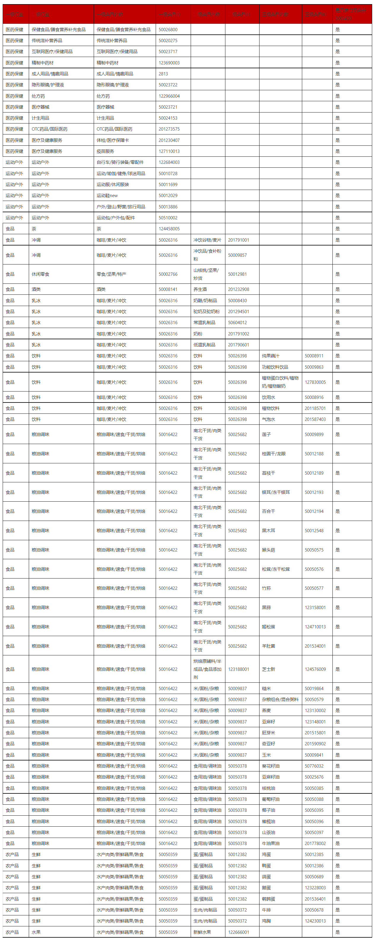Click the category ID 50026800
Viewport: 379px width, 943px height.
coord(168,30)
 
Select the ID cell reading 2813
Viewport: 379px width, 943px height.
coord(163,74)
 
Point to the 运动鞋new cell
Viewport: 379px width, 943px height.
coord(107,196)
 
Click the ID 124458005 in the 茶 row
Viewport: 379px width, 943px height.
coord(169,229)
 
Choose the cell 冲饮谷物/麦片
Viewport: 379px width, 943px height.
coord(207,240)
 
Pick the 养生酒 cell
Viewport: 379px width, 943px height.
coord(200,289)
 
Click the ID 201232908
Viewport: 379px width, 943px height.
coord(238,289)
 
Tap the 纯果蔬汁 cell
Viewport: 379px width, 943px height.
coord(271,356)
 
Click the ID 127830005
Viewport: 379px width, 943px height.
coord(315,382)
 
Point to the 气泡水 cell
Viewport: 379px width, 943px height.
coord(269,419)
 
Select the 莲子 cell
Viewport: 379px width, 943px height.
coord(266,435)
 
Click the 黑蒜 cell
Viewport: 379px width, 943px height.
coord(266,607)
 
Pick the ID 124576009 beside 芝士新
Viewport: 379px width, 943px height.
coord(315,669)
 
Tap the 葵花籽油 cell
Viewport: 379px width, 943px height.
coord(271,766)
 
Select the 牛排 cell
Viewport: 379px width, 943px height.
coord(266,910)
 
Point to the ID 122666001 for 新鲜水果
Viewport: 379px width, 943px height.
coord(238,932)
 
